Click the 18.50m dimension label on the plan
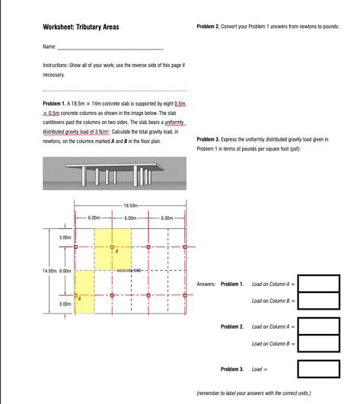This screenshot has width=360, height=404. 130,205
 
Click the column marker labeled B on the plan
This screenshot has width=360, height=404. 75,294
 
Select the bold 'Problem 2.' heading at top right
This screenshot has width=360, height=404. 208,27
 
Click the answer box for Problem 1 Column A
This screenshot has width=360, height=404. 318,284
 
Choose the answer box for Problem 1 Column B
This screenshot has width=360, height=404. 318,301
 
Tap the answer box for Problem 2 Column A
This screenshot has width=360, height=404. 318,326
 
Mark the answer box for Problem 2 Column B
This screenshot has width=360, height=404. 318,344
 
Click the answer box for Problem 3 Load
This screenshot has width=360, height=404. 318,369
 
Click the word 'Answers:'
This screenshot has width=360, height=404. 205,284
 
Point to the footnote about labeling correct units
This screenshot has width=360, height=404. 253,393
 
